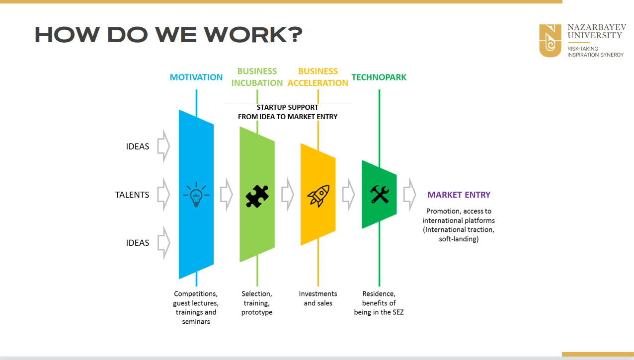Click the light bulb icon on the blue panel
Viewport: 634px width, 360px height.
(196, 195)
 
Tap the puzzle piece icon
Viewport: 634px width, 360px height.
(257, 196)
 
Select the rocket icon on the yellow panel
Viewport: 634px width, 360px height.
(318, 196)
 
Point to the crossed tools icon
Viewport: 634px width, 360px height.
(380, 194)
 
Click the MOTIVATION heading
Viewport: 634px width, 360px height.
(196, 77)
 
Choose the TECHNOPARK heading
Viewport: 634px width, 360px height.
(379, 77)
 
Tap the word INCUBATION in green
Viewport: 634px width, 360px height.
(257, 83)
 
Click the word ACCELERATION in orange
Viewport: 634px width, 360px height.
(318, 83)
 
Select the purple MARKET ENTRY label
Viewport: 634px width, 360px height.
(459, 195)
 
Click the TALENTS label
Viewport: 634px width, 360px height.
(132, 195)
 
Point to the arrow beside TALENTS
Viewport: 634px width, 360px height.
(163, 195)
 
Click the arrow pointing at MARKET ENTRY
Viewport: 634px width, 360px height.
(409, 195)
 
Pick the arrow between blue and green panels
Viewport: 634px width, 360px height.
(227, 195)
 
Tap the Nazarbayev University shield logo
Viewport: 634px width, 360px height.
(550, 41)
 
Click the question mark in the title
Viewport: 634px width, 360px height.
(296, 35)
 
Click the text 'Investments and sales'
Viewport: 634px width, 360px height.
(318, 298)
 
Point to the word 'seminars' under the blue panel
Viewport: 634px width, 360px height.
(196, 322)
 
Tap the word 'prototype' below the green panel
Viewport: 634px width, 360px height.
(257, 312)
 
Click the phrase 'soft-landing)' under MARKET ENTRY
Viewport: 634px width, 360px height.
(459, 239)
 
